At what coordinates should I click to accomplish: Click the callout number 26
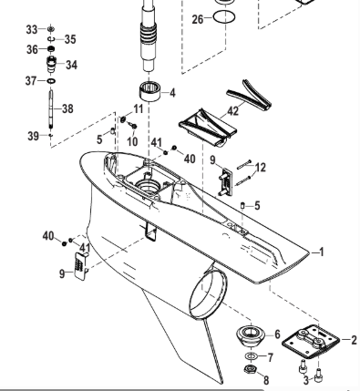tap(198, 19)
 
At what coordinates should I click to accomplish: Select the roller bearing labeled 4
tap(149, 91)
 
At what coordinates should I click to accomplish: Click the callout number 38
tap(67, 108)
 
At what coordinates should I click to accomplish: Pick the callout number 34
tap(71, 65)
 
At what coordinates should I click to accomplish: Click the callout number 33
tap(32, 30)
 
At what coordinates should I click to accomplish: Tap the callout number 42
tap(232, 111)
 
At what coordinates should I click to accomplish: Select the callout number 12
tap(261, 168)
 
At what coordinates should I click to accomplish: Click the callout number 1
tap(321, 252)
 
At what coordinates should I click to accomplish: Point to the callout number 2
tap(354, 340)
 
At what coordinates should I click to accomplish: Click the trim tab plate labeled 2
tap(311, 342)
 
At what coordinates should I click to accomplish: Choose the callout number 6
tap(277, 334)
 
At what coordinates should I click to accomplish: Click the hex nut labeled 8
tap(251, 369)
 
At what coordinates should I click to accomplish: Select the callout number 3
tap(306, 380)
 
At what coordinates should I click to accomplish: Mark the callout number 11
tap(139, 108)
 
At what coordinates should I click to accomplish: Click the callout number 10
tap(132, 141)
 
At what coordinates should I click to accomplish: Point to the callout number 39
tap(34, 136)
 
